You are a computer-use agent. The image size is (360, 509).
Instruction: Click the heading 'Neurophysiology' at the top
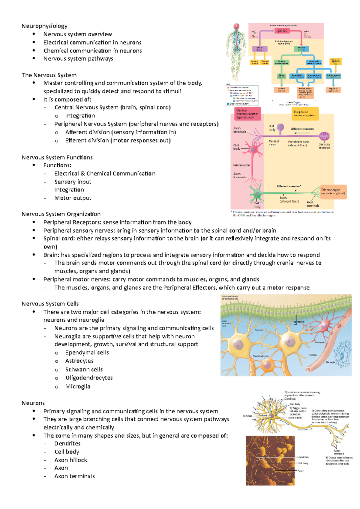pos(44,26)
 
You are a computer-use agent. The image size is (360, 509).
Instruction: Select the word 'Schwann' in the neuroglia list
pos(75,369)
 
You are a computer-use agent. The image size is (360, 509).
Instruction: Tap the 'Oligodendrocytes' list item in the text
pos(89,378)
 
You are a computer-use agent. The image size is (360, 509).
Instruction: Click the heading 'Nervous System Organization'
pos(61,214)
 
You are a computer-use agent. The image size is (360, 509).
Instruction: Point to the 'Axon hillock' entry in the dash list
pos(71,460)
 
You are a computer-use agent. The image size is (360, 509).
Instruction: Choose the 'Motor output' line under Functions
pos(73,198)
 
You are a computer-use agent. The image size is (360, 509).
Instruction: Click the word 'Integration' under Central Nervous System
pos(80,116)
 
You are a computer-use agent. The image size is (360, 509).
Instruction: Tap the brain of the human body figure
pos(236,26)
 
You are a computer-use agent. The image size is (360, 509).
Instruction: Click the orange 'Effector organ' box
pos(333,192)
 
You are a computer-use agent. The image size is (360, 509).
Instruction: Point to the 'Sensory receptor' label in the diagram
pos(324,146)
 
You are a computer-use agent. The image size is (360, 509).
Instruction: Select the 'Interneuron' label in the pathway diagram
pos(241,165)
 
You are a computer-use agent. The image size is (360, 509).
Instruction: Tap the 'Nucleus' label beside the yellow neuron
pos(247,416)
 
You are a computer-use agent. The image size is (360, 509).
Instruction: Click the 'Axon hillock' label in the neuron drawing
pos(295,418)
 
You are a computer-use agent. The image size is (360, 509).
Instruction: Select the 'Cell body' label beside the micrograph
pos(303,463)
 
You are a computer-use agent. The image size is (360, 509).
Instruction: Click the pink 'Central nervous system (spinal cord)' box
pos(247,114)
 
